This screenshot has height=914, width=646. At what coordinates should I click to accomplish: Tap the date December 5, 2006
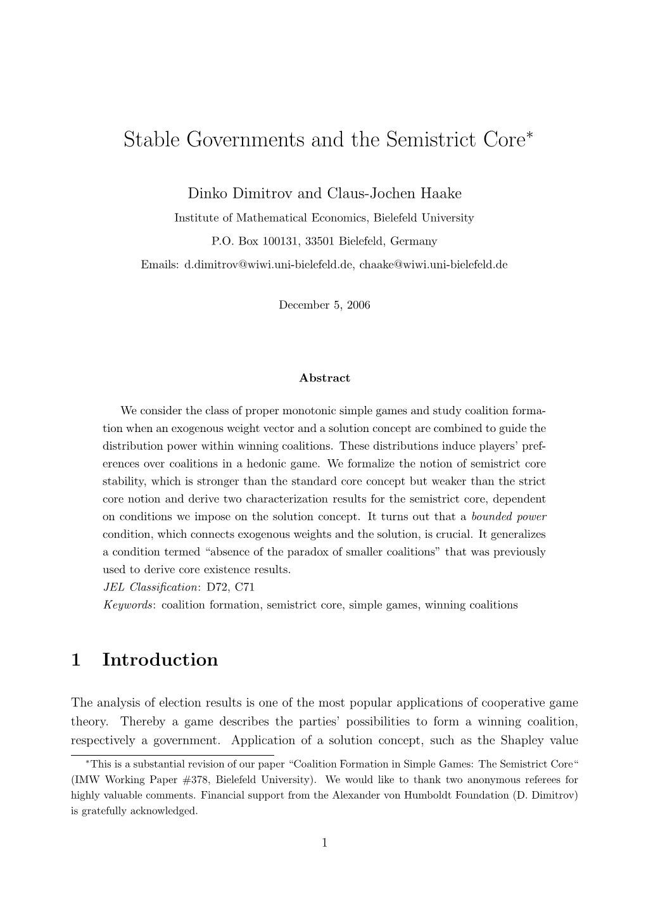coord(324,305)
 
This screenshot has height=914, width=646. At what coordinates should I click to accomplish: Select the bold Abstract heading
coord(324,378)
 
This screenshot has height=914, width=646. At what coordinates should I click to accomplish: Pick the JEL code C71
coord(244,587)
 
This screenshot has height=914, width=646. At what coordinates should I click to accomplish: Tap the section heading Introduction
coord(160,660)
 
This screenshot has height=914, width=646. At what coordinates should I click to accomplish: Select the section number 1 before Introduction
coord(76,660)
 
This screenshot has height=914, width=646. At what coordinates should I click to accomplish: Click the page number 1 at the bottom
coord(324,842)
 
